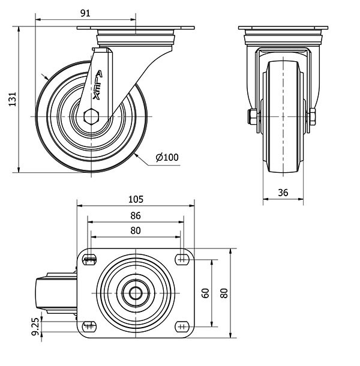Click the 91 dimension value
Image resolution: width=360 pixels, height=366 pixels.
pos(86,13)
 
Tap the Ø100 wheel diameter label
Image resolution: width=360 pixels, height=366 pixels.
pos(167,158)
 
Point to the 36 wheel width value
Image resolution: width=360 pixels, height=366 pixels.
pos(284,192)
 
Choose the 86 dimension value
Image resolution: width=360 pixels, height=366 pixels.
pos(136,215)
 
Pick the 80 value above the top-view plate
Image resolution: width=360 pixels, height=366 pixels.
pos(136,230)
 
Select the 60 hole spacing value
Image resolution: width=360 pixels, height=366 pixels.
pos(205,293)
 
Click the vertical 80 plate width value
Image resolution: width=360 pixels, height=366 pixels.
pos(224,293)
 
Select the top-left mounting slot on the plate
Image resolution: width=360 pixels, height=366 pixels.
pos(90,259)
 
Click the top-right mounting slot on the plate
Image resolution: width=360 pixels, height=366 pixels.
pos(181,259)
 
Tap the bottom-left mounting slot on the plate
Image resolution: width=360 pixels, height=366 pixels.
pos(90,327)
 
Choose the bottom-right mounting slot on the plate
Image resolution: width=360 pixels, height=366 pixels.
pos(181,327)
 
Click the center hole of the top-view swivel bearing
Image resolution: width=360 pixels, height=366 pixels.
pos(136,293)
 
